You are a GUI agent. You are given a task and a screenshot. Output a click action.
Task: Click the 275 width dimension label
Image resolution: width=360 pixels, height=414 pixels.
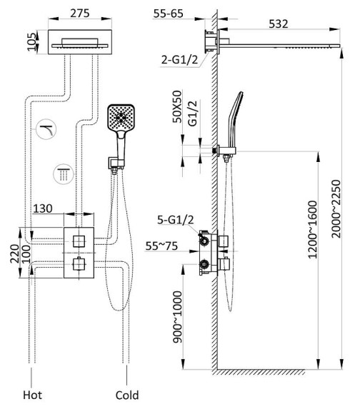(80, 13)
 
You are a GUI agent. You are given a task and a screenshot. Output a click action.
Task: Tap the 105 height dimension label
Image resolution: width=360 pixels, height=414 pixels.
(32, 41)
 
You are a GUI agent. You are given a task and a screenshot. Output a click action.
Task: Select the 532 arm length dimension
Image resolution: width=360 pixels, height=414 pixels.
(278, 24)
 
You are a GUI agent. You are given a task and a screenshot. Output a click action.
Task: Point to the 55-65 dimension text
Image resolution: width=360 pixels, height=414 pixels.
(169, 14)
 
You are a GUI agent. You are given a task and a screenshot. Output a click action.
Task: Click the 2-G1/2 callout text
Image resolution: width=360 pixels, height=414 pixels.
(179, 60)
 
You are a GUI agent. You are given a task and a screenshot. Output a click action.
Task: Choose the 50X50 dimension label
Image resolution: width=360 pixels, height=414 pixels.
(177, 106)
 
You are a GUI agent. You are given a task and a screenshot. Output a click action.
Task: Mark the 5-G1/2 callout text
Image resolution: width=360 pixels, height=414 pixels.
(176, 220)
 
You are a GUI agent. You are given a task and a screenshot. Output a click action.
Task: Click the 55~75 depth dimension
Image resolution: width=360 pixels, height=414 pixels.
(161, 246)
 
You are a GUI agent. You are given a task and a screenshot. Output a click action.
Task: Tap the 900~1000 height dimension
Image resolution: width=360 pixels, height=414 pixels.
(177, 317)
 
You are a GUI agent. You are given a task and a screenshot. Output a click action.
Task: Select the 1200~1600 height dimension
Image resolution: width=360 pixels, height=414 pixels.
(312, 230)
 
